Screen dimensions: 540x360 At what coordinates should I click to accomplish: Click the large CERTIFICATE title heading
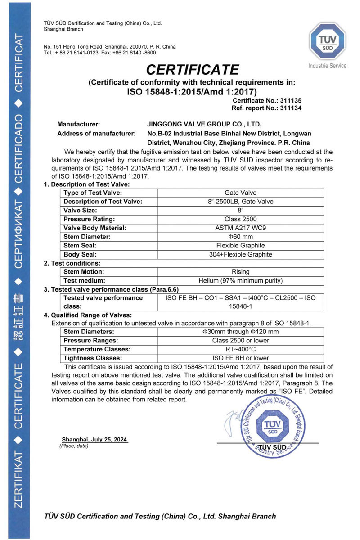192,70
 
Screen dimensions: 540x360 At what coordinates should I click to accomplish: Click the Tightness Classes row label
93,358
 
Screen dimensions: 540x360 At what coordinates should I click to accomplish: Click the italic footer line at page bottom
160,516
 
